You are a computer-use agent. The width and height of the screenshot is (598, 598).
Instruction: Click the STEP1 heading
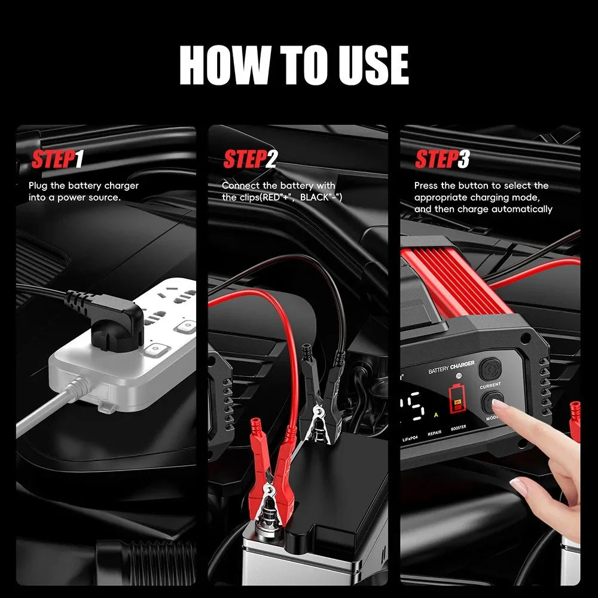pyautogui.click(x=57, y=160)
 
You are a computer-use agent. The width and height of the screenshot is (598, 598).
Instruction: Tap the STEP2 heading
pyautogui.click(x=250, y=160)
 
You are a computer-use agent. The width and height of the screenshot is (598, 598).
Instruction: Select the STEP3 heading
pyautogui.click(x=442, y=160)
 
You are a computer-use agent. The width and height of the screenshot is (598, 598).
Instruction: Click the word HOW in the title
pyautogui.click(x=223, y=66)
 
